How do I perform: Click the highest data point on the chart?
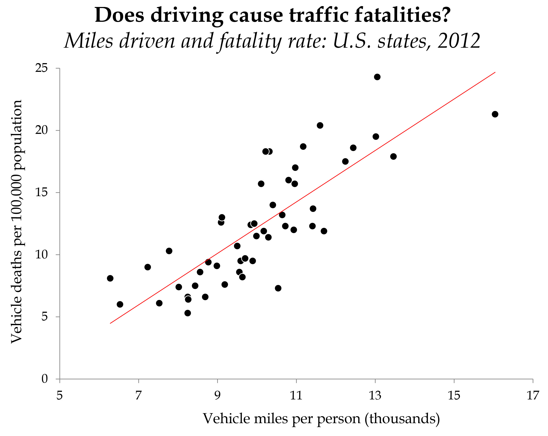coord(377,77)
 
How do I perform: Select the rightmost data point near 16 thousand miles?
coord(495,114)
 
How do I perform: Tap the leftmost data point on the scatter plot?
coord(110,278)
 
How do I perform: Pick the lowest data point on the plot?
coord(188,313)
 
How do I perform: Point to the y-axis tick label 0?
coord(45,379)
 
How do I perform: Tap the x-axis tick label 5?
coord(60,396)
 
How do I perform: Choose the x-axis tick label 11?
coord(296,396)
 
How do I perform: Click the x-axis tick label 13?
coord(375,396)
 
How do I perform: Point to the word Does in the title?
coord(120,15)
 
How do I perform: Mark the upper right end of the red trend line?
coord(495,72)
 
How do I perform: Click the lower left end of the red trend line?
coord(110,323)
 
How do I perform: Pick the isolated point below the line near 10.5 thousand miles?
coord(278,288)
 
